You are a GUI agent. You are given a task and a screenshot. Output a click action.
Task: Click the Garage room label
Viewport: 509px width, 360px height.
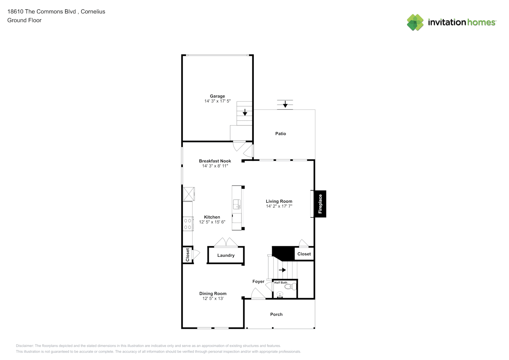coord(217,96)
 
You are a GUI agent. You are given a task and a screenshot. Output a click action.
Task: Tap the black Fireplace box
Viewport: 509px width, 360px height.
coord(320,204)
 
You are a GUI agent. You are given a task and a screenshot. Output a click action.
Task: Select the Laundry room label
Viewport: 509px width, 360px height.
coord(226,255)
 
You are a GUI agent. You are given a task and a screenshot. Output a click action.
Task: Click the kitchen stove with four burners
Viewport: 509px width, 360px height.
coord(188,224)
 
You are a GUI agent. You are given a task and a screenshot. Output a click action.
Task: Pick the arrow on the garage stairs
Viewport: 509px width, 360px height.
coord(245,112)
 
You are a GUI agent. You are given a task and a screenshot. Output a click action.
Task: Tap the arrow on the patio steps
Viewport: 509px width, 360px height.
coord(285,104)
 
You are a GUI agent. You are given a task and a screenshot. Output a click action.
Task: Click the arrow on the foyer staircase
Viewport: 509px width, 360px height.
coord(282,270)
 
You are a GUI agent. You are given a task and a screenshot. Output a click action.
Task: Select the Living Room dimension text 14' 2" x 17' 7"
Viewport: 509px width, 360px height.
coord(279,206)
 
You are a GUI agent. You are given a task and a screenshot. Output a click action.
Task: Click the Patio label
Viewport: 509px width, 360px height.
coord(281,134)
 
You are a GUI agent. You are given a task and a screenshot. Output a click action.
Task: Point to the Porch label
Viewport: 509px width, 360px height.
coord(276,314)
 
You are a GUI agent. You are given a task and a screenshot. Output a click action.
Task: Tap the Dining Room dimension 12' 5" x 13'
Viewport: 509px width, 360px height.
coord(213,298)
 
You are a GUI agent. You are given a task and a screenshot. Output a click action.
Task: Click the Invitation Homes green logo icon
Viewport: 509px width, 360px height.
coord(415,22)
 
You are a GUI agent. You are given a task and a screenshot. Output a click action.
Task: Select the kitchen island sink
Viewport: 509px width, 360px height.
coord(237,204)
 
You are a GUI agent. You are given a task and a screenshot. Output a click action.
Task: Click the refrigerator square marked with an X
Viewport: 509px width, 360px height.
coord(189,194)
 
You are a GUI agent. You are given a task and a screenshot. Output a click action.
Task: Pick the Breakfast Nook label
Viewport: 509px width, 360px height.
coord(215,161)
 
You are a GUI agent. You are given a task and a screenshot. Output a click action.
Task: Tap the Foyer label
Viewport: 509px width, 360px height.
coord(258,282)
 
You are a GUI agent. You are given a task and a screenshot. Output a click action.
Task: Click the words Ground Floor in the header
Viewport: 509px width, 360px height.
coord(24,20)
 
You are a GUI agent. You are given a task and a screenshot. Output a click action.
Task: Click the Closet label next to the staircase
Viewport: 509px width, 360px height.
coord(304,254)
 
